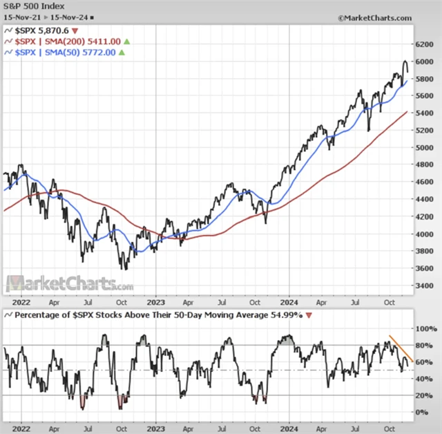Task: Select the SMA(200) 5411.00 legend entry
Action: (67, 41)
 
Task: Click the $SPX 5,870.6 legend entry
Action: (41, 31)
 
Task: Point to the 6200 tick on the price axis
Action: (426, 44)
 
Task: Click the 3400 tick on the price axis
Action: (426, 285)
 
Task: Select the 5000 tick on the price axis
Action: (426, 148)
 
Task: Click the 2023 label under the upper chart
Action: (155, 301)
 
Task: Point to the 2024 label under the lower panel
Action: (288, 427)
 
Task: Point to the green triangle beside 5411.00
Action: (126, 41)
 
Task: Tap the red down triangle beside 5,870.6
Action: (75, 31)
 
